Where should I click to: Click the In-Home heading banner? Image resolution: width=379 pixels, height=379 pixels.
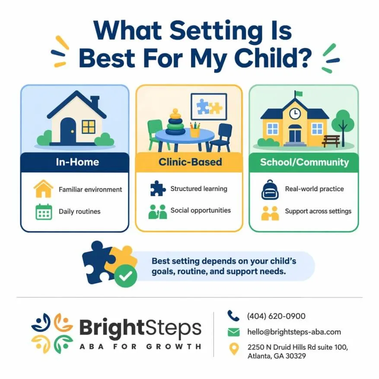(75, 162)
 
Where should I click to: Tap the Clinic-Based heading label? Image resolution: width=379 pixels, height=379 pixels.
(190, 162)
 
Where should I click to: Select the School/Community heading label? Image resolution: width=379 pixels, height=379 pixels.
(305, 162)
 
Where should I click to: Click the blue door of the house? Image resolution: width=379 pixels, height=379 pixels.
(68, 130)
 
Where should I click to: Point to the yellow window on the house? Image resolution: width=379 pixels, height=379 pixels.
(89, 127)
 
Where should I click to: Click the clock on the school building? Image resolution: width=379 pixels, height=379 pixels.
(295, 113)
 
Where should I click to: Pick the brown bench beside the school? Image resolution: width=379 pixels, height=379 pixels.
(331, 141)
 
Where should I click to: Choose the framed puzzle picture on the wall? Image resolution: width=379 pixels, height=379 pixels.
(209, 107)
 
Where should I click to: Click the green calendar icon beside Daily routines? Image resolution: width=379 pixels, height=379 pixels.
(44, 212)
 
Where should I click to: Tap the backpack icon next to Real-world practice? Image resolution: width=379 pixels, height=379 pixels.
(270, 189)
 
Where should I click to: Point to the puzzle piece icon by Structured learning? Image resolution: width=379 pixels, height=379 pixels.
(158, 188)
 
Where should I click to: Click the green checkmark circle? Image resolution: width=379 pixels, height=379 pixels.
(126, 276)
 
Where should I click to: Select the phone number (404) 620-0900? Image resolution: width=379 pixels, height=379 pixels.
(276, 316)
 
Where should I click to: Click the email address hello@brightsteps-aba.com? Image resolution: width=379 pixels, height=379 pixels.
(294, 332)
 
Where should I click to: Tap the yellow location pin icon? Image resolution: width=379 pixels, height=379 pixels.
(234, 349)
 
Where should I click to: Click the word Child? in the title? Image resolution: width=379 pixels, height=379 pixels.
(273, 58)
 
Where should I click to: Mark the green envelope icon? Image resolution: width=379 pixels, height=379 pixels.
(234, 332)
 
